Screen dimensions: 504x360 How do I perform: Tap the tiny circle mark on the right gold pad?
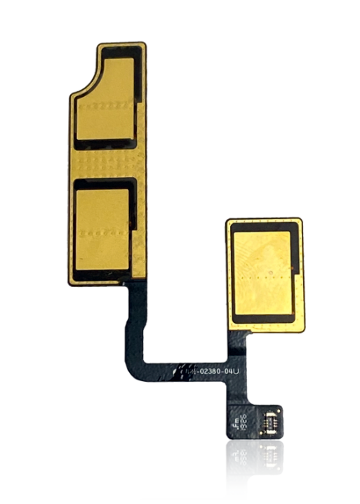[269, 268]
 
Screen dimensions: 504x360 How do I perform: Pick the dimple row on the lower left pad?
[104, 232]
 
